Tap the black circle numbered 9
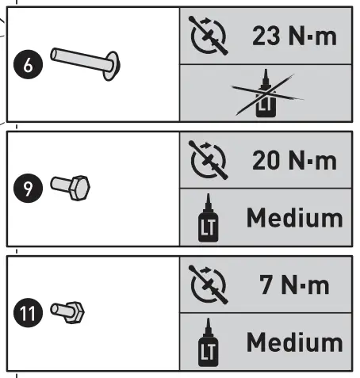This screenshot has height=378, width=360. tap(28, 189)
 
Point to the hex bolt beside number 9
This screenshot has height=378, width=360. tap(71, 188)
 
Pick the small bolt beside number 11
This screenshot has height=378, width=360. tap(69, 311)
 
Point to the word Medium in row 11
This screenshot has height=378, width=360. tap(294, 342)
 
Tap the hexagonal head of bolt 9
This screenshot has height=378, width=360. tap(79, 189)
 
